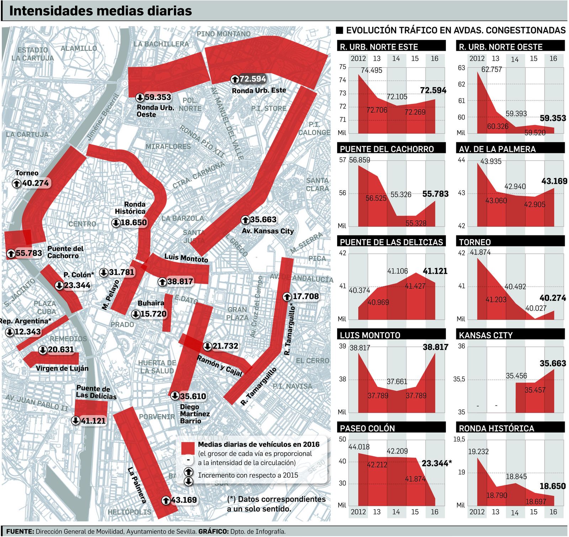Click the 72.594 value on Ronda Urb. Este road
pyautogui.click(x=253, y=79)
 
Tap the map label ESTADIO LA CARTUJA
pyautogui.click(x=32, y=54)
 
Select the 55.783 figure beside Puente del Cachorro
pyautogui.click(x=29, y=253)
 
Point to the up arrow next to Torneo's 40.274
pyautogui.click(x=17, y=184)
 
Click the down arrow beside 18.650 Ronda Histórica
pyautogui.click(x=116, y=223)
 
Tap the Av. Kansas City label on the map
pyautogui.click(x=268, y=231)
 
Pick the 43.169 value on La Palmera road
pyautogui.click(x=184, y=500)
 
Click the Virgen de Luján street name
pyautogui.click(x=62, y=368)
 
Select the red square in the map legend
pyautogui.click(x=188, y=448)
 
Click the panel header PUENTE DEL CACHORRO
pyautogui.click(x=387, y=149)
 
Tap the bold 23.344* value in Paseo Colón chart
pyautogui.click(x=437, y=463)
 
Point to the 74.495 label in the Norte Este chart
pyautogui.click(x=372, y=70)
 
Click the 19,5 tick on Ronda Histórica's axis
pyautogui.click(x=459, y=440)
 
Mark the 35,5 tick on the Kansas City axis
pyautogui.click(x=459, y=379)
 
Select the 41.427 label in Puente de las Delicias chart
pyautogui.click(x=415, y=286)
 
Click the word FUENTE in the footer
pyautogui.click(x=20, y=531)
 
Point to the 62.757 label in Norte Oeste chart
pyautogui.click(x=491, y=70)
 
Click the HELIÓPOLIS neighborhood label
pyautogui.click(x=129, y=512)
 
